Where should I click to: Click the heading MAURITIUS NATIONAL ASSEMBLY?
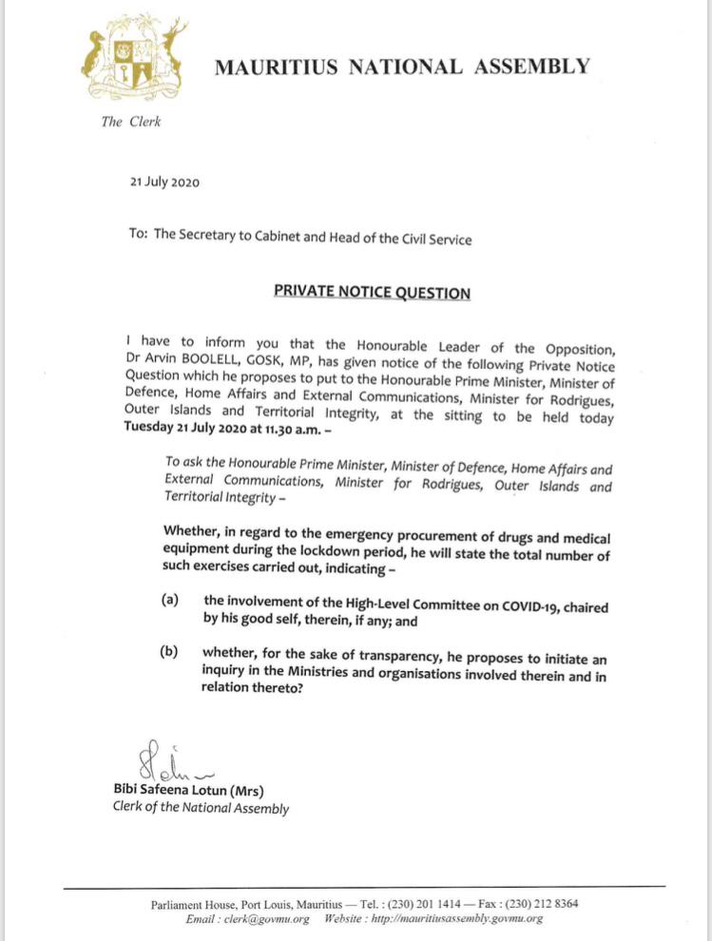(x=401, y=67)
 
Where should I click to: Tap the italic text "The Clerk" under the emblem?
(x=130, y=123)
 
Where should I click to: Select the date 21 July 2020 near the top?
(x=164, y=182)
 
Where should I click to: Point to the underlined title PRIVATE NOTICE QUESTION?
(x=372, y=293)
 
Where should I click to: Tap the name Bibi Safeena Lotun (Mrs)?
(x=188, y=791)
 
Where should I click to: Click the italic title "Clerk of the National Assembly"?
(x=201, y=809)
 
